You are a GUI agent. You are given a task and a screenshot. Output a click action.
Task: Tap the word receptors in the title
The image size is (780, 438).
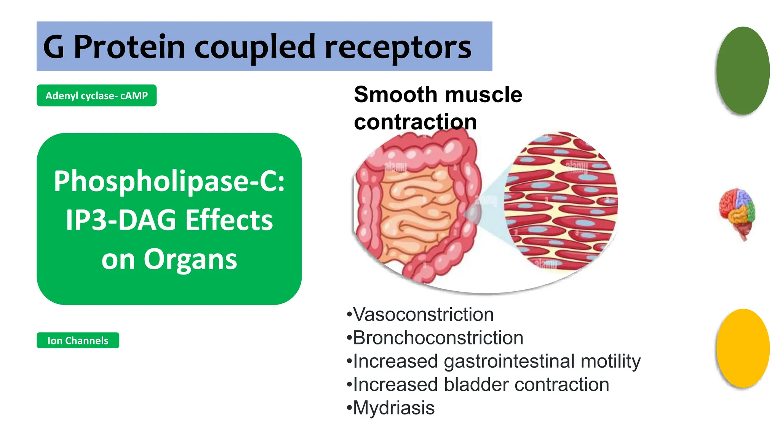398,48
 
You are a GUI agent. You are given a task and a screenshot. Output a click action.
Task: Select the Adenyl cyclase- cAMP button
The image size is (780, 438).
96,95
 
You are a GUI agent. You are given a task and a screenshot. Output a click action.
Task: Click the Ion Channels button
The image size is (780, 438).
78,340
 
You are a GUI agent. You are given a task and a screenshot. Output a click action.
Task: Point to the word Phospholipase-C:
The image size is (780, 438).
169,181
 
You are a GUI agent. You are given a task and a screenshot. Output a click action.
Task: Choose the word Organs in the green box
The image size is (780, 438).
190,259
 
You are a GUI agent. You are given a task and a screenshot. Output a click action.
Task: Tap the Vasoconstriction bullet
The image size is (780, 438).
423,314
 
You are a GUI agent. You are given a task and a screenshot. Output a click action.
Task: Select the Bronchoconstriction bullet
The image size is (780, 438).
438,338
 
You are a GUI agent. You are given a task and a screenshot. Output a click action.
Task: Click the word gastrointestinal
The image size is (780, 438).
509,361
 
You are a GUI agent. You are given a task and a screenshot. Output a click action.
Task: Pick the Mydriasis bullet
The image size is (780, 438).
393,408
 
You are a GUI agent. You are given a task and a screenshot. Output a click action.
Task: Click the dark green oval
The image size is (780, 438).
742,71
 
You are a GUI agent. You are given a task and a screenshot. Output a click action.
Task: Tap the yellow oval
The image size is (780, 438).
742,348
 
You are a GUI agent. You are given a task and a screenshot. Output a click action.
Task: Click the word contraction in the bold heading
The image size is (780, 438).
415,122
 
